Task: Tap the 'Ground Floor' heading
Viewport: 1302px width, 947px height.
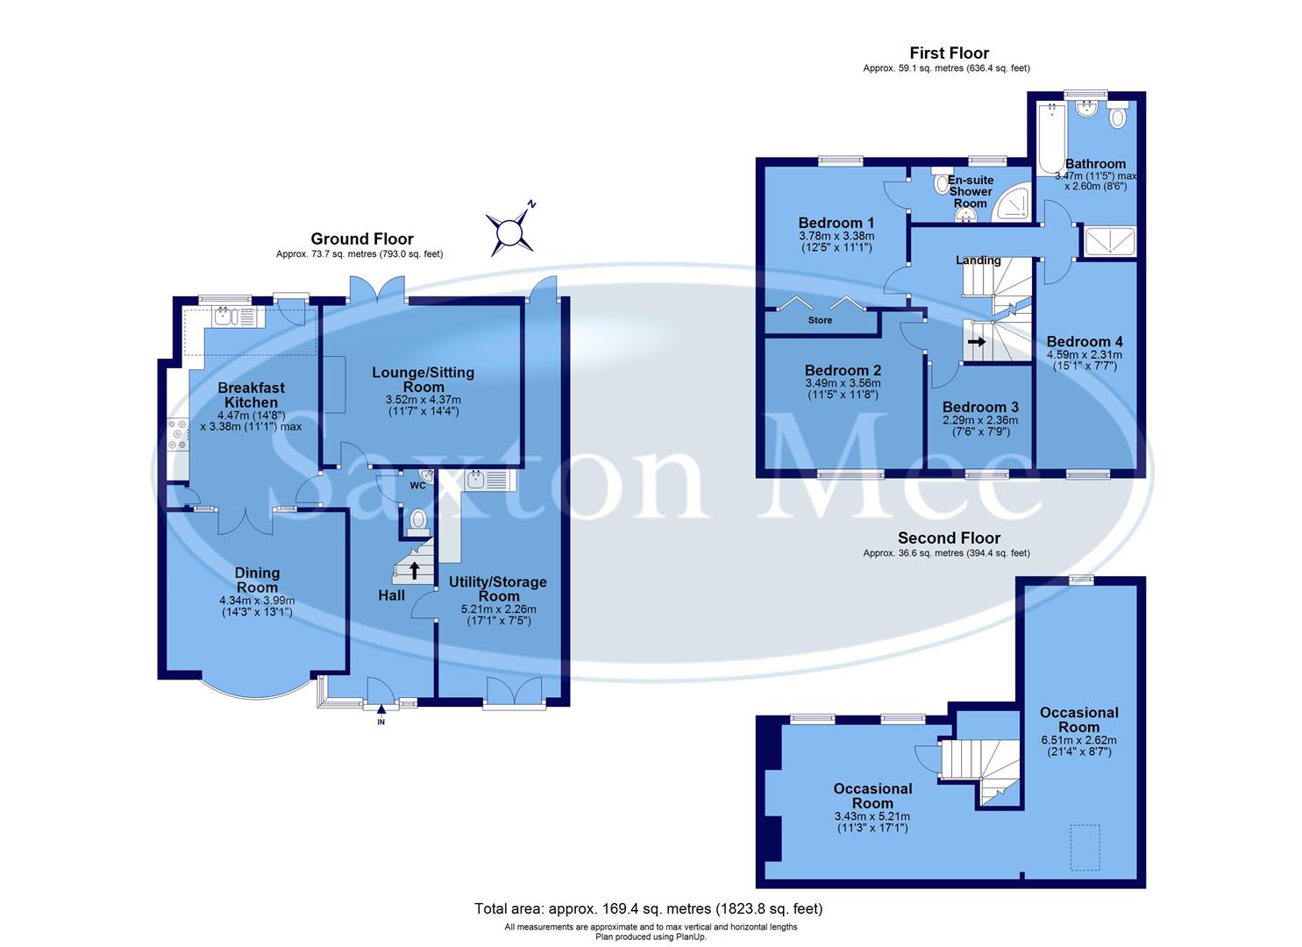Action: [362, 239]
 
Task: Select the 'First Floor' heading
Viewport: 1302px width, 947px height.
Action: [949, 53]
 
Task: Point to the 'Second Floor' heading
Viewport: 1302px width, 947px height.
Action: [949, 538]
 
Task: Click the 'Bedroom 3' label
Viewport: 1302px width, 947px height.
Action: [980, 407]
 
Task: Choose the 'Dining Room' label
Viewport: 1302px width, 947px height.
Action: [257, 580]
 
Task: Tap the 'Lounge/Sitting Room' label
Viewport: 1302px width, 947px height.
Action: [423, 380]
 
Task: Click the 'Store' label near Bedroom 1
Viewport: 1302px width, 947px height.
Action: [820, 321]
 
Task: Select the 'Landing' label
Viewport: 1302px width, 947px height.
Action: [978, 260]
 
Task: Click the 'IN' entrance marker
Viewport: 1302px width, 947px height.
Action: [381, 722]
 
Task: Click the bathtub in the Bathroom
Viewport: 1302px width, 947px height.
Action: [1049, 139]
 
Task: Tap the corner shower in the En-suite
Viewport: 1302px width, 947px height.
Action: [1011, 203]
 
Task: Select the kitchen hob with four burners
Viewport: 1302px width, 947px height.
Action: [177, 436]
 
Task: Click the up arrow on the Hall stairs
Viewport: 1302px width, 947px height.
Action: [414, 571]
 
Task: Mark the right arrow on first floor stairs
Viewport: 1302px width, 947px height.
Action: [977, 342]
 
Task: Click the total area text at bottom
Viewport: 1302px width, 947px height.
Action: [649, 908]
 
